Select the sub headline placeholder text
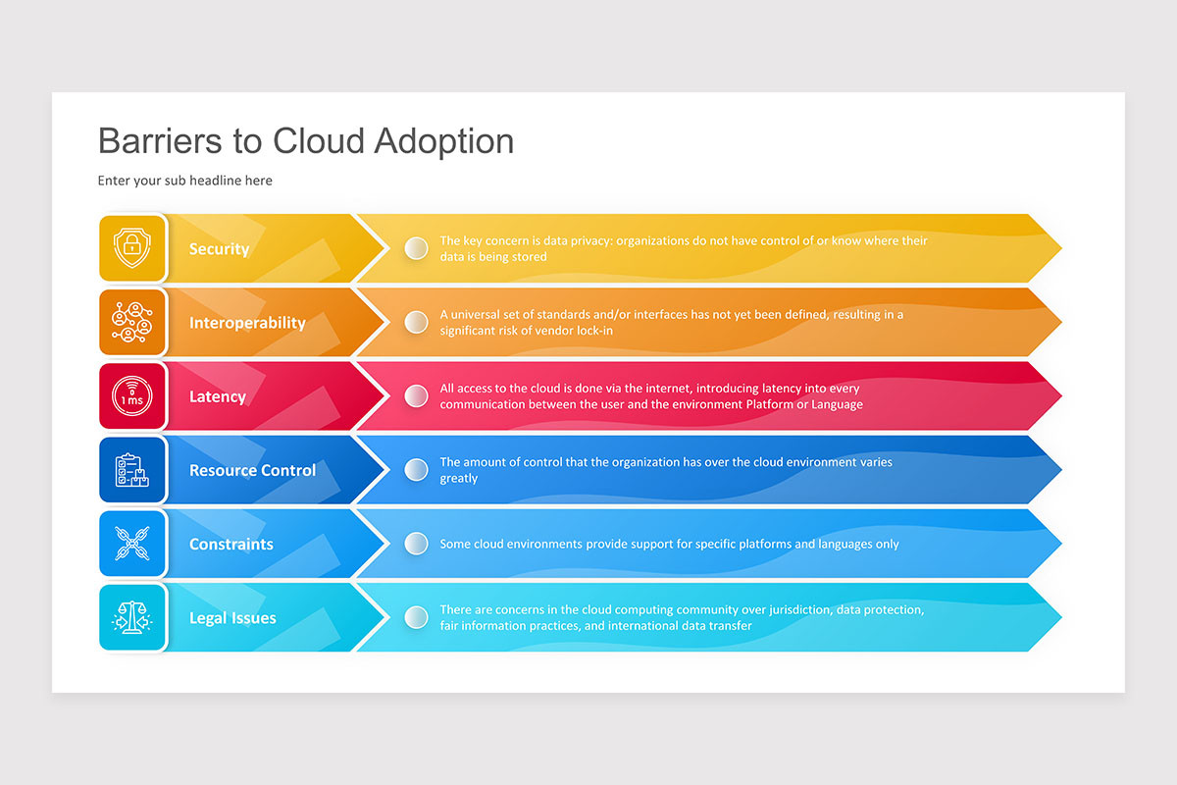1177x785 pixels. (x=185, y=181)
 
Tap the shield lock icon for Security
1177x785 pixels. (x=132, y=248)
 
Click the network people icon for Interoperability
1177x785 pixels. (x=132, y=322)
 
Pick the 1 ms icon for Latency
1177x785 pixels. (x=132, y=396)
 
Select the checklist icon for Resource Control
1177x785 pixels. (x=132, y=470)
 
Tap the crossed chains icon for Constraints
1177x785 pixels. (x=132, y=544)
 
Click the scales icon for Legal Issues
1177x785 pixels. (x=132, y=617)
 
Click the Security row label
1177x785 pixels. (x=219, y=249)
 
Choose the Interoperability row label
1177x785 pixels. (x=247, y=323)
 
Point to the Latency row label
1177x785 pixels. (x=217, y=396)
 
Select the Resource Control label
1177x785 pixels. (x=252, y=470)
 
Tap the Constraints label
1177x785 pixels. (x=230, y=544)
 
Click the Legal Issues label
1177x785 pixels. (x=232, y=618)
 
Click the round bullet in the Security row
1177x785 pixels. (x=417, y=248)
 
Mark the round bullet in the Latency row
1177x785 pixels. (x=417, y=396)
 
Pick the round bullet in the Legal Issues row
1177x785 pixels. (x=417, y=617)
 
